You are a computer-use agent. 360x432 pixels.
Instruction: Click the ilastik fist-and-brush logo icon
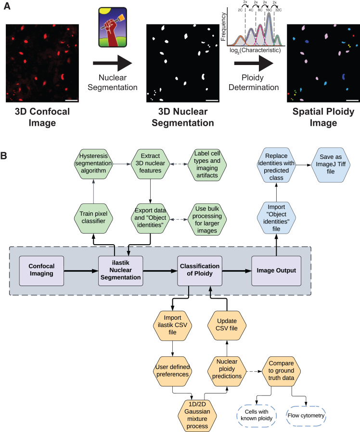tap(113, 27)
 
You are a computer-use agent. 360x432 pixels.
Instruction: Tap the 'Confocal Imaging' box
tap(41, 271)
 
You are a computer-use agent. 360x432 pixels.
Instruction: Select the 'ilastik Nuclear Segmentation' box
tap(120, 271)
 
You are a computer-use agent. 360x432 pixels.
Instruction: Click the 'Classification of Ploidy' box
tap(200, 271)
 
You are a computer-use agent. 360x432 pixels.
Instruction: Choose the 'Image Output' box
tap(276, 271)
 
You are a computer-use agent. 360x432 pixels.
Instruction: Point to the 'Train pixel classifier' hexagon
tap(93, 219)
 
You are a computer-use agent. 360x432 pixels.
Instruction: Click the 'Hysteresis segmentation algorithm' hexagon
tap(93, 164)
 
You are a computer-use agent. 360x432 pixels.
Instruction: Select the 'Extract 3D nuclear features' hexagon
tap(150, 164)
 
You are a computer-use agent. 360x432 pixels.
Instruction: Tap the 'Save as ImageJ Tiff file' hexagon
tap(331, 165)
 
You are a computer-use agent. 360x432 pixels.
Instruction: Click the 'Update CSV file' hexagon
tap(227, 326)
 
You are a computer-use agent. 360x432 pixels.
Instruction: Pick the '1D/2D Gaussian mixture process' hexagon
tap(197, 416)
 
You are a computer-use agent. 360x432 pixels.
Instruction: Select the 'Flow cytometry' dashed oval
tap(306, 416)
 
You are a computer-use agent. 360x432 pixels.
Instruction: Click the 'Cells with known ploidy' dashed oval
tap(257, 416)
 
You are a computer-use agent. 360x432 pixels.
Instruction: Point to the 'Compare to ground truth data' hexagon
tap(281, 371)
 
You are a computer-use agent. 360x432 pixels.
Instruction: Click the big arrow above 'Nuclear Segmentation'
tap(113, 63)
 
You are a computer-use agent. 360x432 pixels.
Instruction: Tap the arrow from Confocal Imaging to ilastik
tap(81, 271)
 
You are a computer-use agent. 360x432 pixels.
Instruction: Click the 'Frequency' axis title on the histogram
tap(223, 26)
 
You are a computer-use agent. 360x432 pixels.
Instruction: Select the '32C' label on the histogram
tap(278, 10)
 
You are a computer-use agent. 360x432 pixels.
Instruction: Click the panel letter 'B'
tap(3, 156)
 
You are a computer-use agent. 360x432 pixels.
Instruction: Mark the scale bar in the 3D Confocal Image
tap(72, 100)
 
